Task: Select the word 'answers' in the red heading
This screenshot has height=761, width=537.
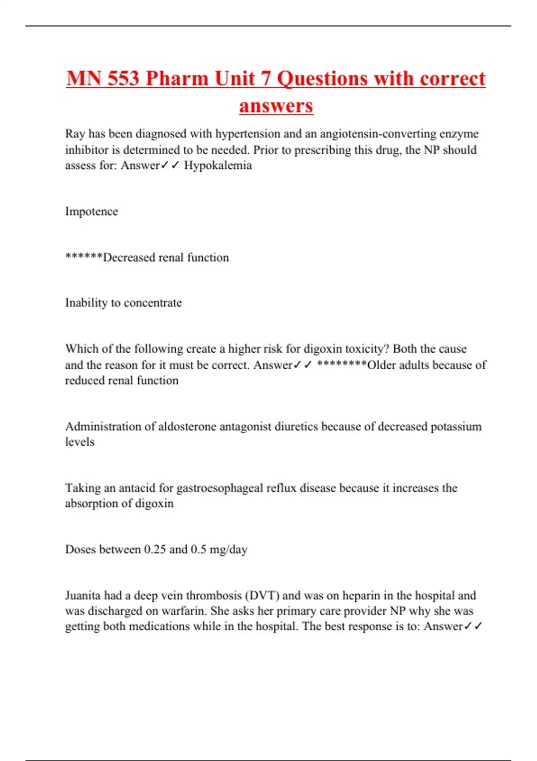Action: click(276, 106)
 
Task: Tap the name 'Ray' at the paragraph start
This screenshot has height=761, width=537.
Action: click(75, 134)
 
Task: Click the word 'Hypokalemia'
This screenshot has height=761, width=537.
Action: click(218, 166)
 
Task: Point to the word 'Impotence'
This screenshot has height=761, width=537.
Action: click(92, 211)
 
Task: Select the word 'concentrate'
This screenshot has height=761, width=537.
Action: click(153, 303)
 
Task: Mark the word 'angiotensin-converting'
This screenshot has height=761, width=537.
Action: click(378, 134)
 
